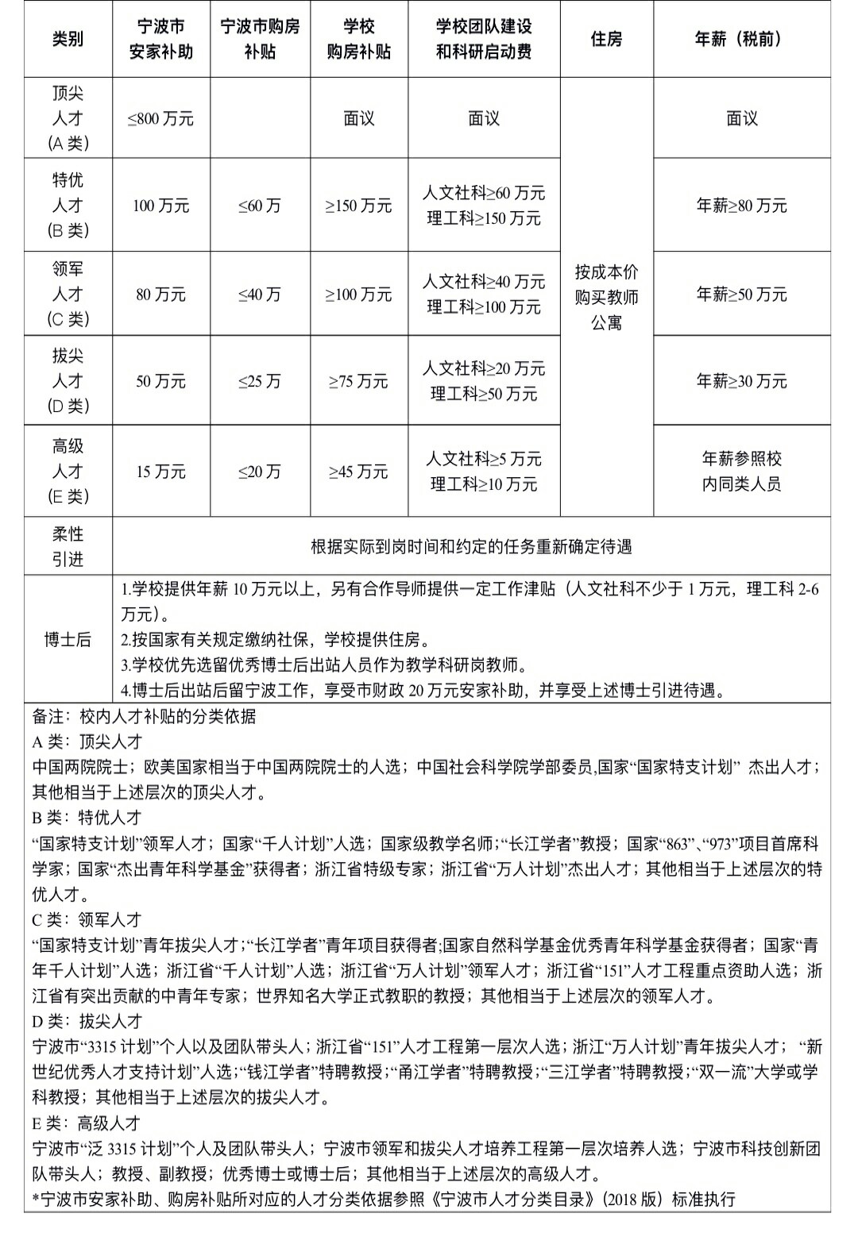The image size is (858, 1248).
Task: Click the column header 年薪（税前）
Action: tap(741, 39)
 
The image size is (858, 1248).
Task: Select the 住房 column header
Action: tap(606, 39)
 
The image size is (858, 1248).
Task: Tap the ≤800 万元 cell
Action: tap(160, 119)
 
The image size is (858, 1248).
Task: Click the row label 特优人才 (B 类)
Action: tap(68, 206)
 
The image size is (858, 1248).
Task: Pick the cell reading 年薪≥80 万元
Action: tap(741, 206)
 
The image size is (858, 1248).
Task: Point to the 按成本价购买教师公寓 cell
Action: tap(606, 298)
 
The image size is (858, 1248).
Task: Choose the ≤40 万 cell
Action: tap(260, 295)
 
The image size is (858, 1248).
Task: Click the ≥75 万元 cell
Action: tap(359, 381)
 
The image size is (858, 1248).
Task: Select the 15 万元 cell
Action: tap(160, 472)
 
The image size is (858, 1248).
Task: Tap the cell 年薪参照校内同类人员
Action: tap(741, 472)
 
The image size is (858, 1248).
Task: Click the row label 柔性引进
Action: tap(68, 546)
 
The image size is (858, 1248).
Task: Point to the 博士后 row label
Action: tap(68, 640)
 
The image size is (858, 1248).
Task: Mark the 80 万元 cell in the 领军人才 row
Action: tap(160, 295)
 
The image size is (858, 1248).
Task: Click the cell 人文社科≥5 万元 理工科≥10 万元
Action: tap(484, 472)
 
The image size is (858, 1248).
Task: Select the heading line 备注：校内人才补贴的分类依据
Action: tap(144, 716)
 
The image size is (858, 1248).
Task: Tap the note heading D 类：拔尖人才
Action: tap(87, 1021)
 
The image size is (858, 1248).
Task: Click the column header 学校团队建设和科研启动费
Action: tap(484, 39)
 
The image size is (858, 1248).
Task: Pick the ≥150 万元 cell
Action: tap(359, 206)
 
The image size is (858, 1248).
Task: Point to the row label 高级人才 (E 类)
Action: tap(68, 472)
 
